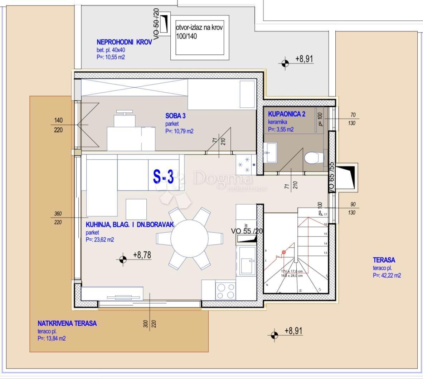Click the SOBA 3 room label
[x=175, y=116]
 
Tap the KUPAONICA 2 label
[x=286, y=114]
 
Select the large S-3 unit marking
[x=164, y=177]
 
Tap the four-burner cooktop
[x=226, y=290]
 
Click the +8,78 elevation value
[x=142, y=255]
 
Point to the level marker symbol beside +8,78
[x=123, y=259]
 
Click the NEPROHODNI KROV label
[x=124, y=42]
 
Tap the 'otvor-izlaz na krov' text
[x=199, y=28]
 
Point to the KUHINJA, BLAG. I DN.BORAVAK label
[x=130, y=225]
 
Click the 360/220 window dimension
[x=58, y=218]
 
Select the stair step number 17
[x=325, y=215]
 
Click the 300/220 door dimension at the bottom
[x=150, y=324]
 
